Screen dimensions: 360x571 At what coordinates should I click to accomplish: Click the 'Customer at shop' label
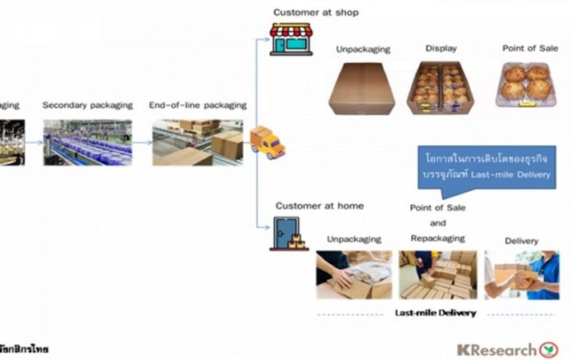pos(316,12)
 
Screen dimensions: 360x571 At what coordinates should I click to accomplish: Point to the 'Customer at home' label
pos(319,206)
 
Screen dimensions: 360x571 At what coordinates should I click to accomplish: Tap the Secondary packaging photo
pos(86,141)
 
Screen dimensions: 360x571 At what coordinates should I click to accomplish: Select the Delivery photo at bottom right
pos(521,275)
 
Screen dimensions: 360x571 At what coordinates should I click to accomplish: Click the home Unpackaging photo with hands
pos(354,274)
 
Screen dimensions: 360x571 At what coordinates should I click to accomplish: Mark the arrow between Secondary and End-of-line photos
pos(141,142)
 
